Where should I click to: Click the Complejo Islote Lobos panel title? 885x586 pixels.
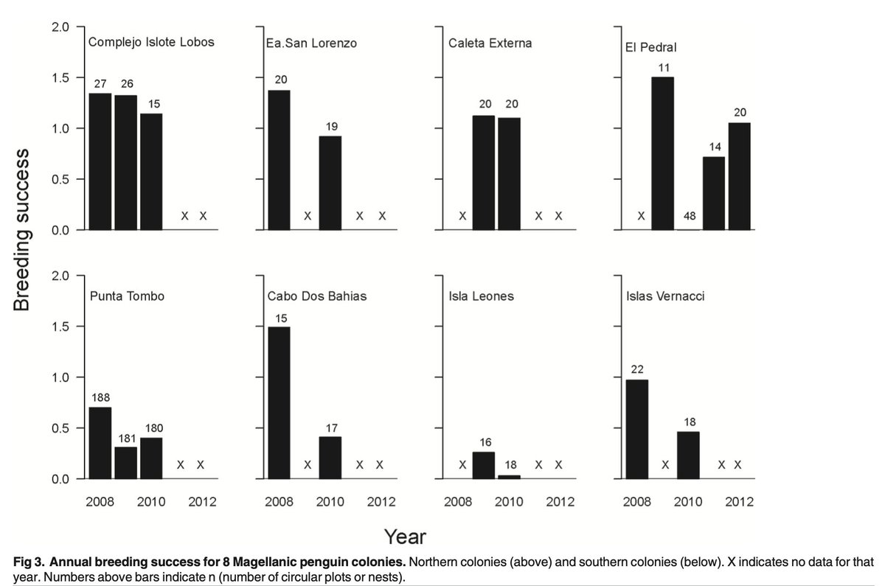point(151,42)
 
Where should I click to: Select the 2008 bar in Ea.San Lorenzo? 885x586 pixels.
point(279,160)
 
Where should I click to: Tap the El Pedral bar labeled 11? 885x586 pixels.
point(662,153)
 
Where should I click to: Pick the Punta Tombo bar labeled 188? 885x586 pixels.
point(100,443)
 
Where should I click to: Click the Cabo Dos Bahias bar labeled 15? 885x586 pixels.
point(279,402)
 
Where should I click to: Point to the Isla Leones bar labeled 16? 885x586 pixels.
point(484,466)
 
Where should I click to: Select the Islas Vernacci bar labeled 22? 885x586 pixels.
point(637,429)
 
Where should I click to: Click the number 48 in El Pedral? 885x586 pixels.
point(690,216)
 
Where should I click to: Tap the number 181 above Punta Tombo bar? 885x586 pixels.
point(127,439)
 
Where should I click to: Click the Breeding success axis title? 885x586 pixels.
point(21,230)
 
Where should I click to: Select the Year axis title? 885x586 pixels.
point(405,537)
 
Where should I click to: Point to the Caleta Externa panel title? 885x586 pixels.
point(490,43)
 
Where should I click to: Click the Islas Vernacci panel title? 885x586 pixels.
point(665,296)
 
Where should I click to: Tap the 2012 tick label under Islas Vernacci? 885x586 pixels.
point(739,502)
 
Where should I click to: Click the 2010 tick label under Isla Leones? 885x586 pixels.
point(509,502)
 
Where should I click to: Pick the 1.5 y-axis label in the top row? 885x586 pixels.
point(60,78)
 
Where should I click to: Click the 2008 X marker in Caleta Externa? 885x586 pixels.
point(462,216)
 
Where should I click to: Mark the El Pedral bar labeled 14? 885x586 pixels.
point(714,193)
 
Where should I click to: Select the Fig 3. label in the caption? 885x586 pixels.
point(29,562)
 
